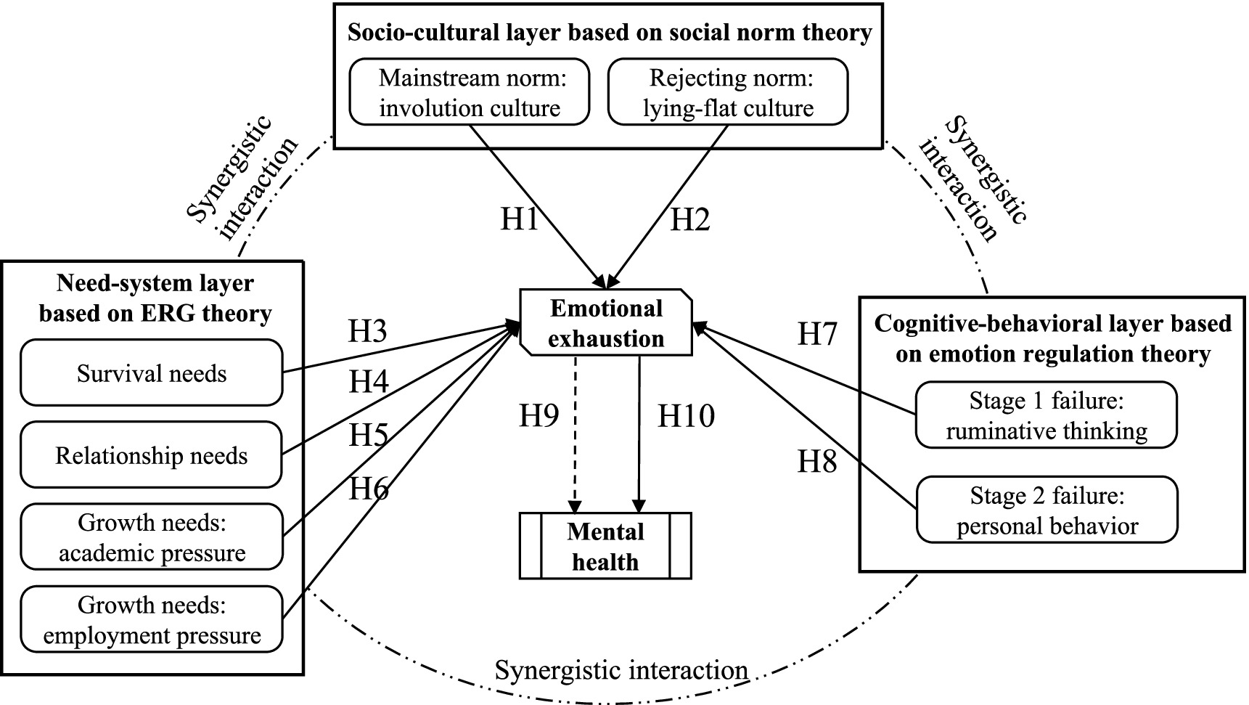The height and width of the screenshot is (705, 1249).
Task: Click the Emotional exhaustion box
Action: click(x=606, y=323)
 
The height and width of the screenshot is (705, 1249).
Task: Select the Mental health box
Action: click(x=605, y=546)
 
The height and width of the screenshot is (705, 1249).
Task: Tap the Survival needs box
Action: click(x=151, y=373)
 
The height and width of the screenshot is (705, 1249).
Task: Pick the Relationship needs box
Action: click(x=151, y=455)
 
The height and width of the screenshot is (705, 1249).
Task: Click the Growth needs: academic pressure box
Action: click(x=151, y=537)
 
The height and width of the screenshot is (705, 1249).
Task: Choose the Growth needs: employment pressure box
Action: click(x=151, y=619)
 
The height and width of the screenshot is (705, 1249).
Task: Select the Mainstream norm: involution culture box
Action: click(x=470, y=92)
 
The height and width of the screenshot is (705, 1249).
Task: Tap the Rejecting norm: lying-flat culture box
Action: click(x=728, y=92)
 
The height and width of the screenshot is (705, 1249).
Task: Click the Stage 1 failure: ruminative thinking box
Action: click(x=1046, y=415)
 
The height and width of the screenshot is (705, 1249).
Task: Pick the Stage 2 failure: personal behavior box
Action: click(x=1046, y=510)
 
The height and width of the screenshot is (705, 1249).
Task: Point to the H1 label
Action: click(x=520, y=218)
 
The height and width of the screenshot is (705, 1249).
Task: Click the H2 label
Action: click(x=689, y=219)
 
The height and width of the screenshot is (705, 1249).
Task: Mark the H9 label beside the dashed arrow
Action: click(x=538, y=416)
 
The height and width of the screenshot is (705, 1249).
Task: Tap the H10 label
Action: click(x=686, y=416)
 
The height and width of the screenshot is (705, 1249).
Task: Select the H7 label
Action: click(x=817, y=334)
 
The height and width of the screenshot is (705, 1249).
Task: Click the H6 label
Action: click(x=369, y=489)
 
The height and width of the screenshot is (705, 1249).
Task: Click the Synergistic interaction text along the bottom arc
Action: click(x=621, y=670)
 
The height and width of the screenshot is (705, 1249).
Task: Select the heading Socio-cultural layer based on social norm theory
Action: click(x=609, y=33)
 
